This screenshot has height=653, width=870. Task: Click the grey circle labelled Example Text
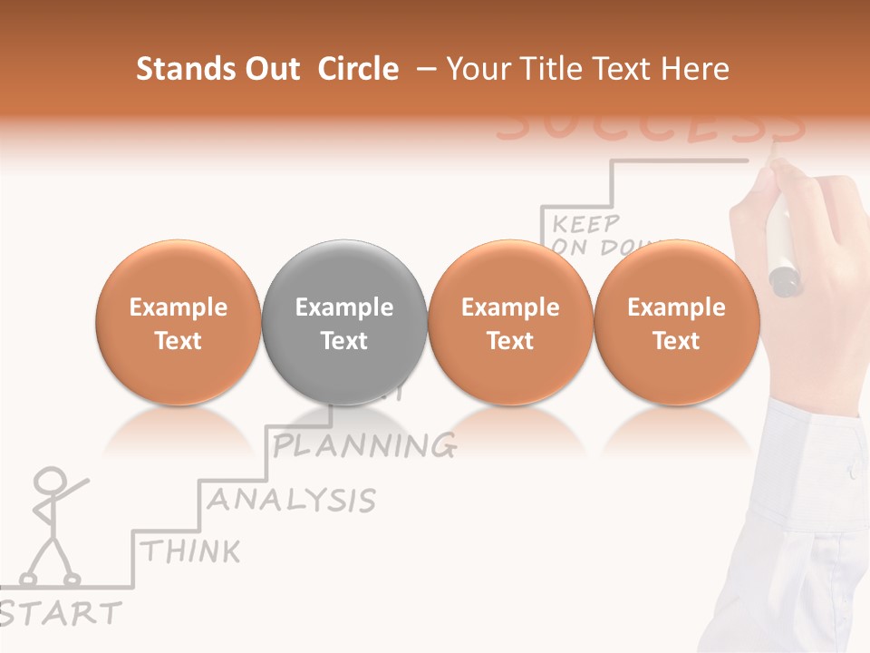click(x=344, y=323)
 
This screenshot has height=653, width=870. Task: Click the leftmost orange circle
click(x=178, y=323)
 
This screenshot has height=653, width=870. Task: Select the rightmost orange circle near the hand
click(x=676, y=323)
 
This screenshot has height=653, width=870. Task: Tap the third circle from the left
click(x=510, y=323)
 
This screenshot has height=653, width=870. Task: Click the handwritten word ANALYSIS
click(x=292, y=500)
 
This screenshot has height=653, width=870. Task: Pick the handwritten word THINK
click(x=191, y=551)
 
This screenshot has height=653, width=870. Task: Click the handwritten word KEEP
click(x=585, y=223)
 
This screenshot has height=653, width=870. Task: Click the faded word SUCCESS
click(x=651, y=128)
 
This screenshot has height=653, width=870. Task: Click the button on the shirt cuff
click(x=851, y=473)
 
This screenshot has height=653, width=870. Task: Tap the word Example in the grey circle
click(x=344, y=307)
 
